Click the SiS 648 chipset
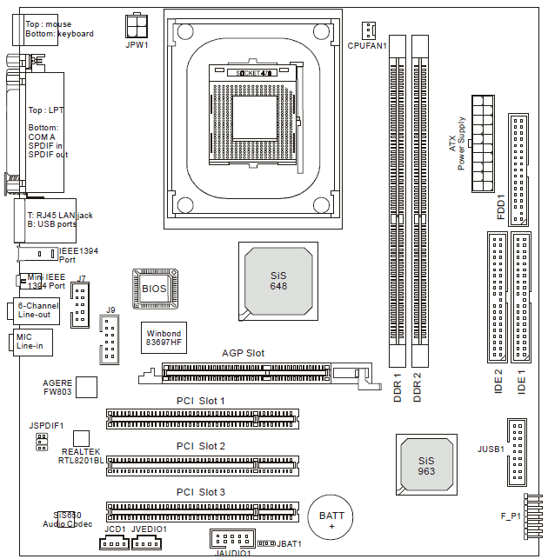click(x=278, y=282)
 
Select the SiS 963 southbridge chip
click(x=426, y=465)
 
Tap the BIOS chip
click(x=155, y=289)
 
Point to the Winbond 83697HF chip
click(x=164, y=337)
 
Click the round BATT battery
click(x=331, y=517)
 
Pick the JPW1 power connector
click(x=137, y=26)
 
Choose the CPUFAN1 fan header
click(x=368, y=30)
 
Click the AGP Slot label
click(x=243, y=353)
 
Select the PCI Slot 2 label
click(x=201, y=446)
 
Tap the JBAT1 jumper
click(x=266, y=543)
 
